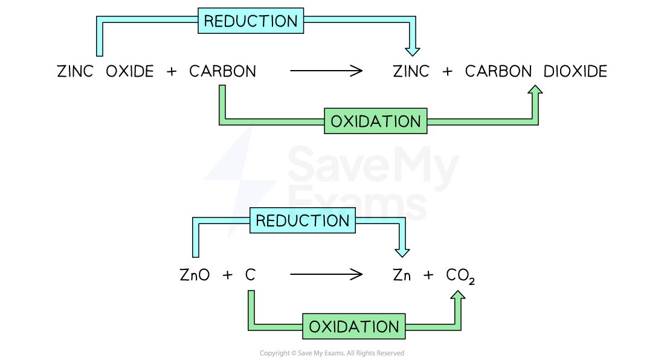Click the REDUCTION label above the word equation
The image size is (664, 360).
tap(250, 21)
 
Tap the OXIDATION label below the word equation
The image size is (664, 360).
tap(375, 121)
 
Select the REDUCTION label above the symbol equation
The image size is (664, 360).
tap(302, 220)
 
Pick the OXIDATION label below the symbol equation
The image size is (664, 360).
tap(353, 327)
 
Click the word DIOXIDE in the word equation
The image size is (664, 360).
tap(575, 71)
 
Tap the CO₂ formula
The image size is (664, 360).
tap(460, 276)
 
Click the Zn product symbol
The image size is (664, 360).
tap(402, 275)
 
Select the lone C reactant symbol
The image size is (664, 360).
tap(250, 275)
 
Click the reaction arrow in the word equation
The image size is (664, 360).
tap(326, 71)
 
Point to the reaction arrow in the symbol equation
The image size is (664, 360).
tap(326, 275)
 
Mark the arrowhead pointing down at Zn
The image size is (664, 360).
tap(402, 250)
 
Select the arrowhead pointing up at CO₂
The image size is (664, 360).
tap(458, 297)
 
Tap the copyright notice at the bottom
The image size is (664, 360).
tap(332, 353)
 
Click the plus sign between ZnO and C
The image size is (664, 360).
tap(227, 275)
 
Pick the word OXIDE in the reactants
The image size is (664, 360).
tap(130, 71)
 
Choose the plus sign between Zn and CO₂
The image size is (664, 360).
tap(428, 275)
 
